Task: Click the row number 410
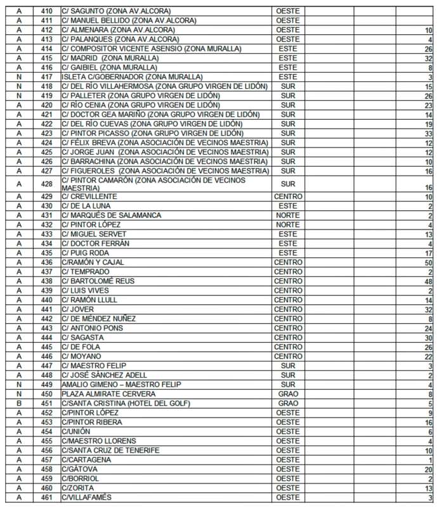(x=46, y=11)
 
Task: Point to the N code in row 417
(x=19, y=77)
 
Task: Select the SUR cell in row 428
(x=287, y=184)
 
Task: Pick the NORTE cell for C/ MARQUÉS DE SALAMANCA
(x=287, y=215)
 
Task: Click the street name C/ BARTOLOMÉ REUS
(x=98, y=281)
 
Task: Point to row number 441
(x=46, y=309)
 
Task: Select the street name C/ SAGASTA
(x=82, y=338)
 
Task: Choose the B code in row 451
(x=19, y=403)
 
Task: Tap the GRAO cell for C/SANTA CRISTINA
(x=287, y=403)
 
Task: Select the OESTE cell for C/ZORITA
(x=287, y=488)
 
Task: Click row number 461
(x=46, y=497)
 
